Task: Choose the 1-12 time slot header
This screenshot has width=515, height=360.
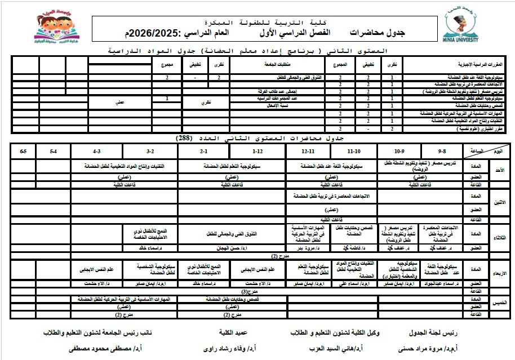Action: [x=257, y=152]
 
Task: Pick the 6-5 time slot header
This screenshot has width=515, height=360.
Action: [x=23, y=152]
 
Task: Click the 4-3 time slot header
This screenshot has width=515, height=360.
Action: [x=96, y=152]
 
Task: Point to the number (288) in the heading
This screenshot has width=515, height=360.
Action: [x=184, y=138]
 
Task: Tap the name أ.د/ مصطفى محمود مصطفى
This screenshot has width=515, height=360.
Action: [x=105, y=349]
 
